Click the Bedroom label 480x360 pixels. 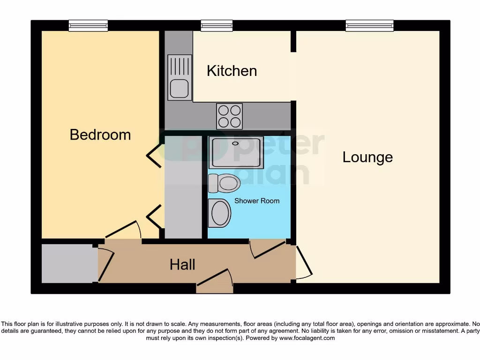pos(100,135)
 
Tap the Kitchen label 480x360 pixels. pos(232,71)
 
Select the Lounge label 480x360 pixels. pos(367,157)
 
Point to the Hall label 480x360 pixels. pos(182,265)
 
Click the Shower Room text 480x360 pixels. pos(257,201)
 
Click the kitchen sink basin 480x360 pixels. pos(180,89)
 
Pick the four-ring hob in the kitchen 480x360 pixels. pos(229,116)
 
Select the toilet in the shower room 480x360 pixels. pos(225,183)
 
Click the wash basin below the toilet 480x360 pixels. pos(220,213)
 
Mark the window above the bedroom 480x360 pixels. pos(88,25)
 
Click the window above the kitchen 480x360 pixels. pos(217,25)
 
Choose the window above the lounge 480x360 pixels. pos(369,25)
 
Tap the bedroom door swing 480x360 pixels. pos(123,230)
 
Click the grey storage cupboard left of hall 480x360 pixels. pos(69,263)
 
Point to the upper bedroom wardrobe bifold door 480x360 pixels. pos(155,155)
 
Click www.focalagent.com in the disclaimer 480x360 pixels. pos(307,338)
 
